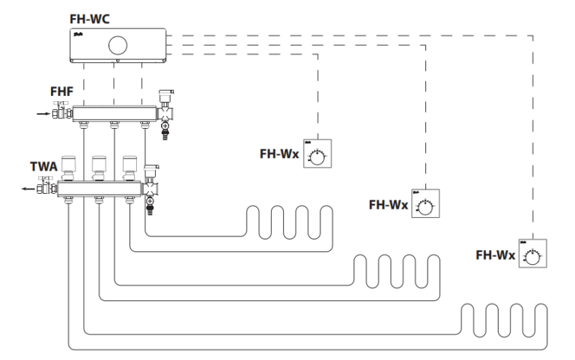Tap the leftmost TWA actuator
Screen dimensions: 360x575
[x=68, y=167]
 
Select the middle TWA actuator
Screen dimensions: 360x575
[x=99, y=167]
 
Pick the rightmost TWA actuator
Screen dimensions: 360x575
[x=130, y=167]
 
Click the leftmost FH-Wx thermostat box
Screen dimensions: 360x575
[x=318, y=155]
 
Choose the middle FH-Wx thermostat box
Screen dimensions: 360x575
[x=425, y=203]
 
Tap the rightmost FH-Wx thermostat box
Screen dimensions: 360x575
[x=532, y=255]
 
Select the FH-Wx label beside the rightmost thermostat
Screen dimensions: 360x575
[x=495, y=256]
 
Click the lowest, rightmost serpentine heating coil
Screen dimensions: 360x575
[x=501, y=320]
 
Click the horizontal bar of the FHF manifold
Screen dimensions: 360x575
[x=112, y=114]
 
